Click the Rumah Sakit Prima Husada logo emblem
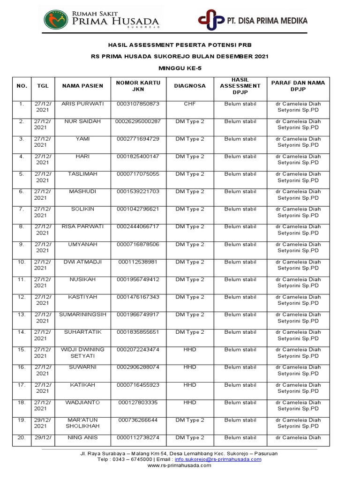click(x=55, y=20)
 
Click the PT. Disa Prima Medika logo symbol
click(x=210, y=21)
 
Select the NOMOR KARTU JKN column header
click(x=138, y=86)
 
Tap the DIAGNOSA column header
click(x=190, y=86)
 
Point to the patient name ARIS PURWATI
click(x=82, y=104)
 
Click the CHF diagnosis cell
click(x=190, y=104)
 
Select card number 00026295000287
click(x=138, y=121)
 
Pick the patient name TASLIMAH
click(x=82, y=174)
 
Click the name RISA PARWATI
click(x=82, y=226)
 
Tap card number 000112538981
click(x=138, y=262)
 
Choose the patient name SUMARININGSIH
click(x=82, y=315)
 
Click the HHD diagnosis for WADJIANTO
click(x=190, y=402)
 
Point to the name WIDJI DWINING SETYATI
click(x=82, y=352)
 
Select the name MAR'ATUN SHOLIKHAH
click(x=82, y=423)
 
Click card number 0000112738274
click(x=138, y=437)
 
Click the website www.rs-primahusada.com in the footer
click(x=179, y=465)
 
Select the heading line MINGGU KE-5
click(x=180, y=68)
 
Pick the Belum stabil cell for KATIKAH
click(x=240, y=385)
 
